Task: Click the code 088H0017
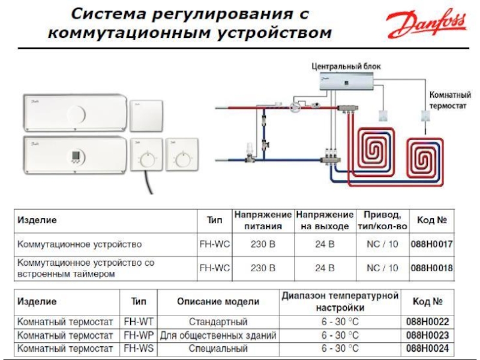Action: click(431, 244)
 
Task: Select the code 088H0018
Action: click(431, 268)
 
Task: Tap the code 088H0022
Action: click(427, 322)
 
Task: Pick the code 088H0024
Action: click(427, 349)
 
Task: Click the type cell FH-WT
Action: click(139, 322)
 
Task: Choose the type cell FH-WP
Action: click(139, 335)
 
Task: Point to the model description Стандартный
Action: click(218, 322)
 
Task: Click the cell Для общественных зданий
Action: click(218, 335)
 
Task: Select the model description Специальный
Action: click(218, 349)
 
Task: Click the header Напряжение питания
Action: click(263, 220)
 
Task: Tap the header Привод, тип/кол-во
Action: click(382, 220)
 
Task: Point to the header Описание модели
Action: click(218, 302)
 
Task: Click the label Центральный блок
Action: click(346, 66)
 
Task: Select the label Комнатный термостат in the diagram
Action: click(449, 100)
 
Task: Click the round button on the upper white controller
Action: click(76, 114)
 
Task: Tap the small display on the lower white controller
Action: click(76, 156)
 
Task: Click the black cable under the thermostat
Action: click(148, 182)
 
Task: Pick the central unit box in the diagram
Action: click(347, 82)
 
